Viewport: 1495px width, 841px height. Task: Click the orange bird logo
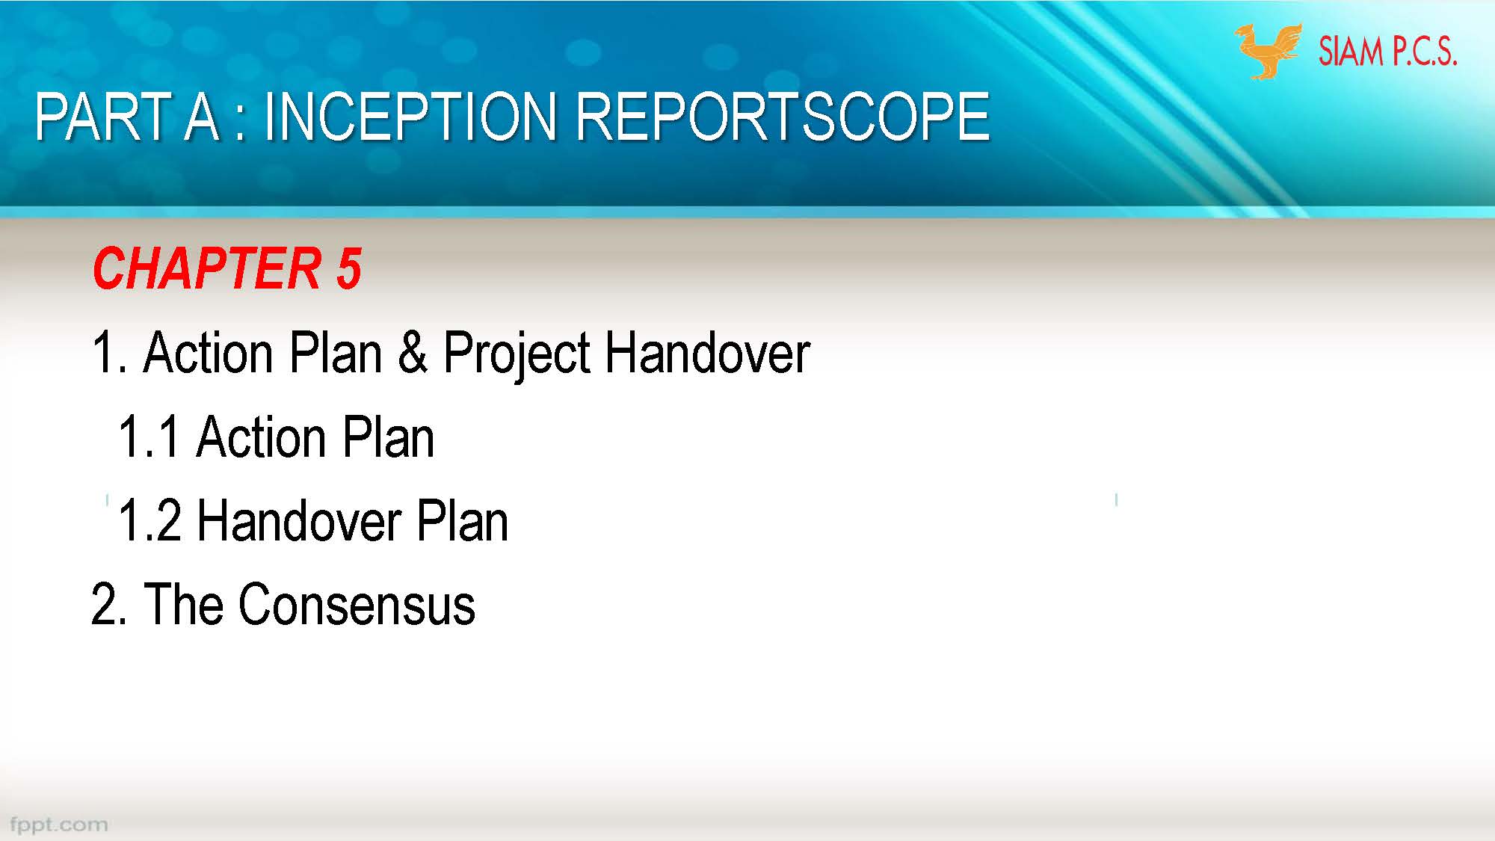1268,51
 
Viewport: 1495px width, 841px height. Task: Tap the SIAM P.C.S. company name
1387,52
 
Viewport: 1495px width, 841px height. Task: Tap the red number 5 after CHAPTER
349,268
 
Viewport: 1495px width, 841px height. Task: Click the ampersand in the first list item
413,353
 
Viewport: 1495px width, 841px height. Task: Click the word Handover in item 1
707,353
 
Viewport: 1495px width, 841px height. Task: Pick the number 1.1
149,437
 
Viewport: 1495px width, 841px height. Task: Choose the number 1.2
149,521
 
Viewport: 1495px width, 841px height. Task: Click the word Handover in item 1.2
299,521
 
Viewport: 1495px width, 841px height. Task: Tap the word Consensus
357,605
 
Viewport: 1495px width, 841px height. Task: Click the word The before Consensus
184,604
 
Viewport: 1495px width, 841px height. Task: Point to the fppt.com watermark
58,825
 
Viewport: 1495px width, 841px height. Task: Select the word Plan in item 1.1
389,437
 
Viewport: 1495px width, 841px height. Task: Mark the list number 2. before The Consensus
108,605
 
